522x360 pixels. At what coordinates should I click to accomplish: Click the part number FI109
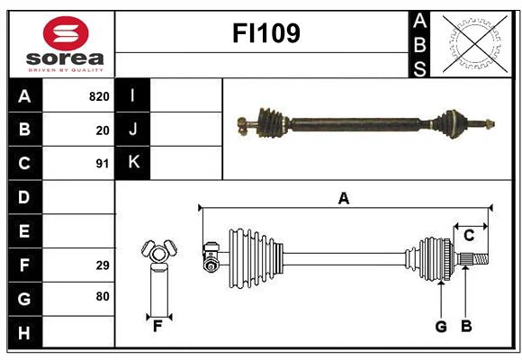pos(266,34)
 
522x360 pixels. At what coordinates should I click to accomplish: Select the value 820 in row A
pos(99,96)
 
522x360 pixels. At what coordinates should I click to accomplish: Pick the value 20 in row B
pos(103,130)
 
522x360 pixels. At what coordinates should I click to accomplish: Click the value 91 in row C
pos(103,164)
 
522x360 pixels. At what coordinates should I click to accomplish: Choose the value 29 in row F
pos(103,265)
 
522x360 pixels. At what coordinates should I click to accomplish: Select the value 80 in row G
pos(103,298)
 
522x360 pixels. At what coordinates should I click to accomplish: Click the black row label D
pos(24,197)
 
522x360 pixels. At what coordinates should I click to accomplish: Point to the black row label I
pos(133,95)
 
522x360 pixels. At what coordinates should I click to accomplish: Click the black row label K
pos(133,163)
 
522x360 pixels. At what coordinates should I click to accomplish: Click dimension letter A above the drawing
pos(343,198)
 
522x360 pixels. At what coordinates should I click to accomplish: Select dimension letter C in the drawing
pos(469,236)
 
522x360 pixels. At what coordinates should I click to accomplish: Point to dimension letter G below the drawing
pos(440,327)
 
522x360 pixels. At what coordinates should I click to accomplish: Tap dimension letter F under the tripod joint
pos(157,327)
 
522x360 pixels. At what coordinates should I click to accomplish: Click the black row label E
pos(24,231)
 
